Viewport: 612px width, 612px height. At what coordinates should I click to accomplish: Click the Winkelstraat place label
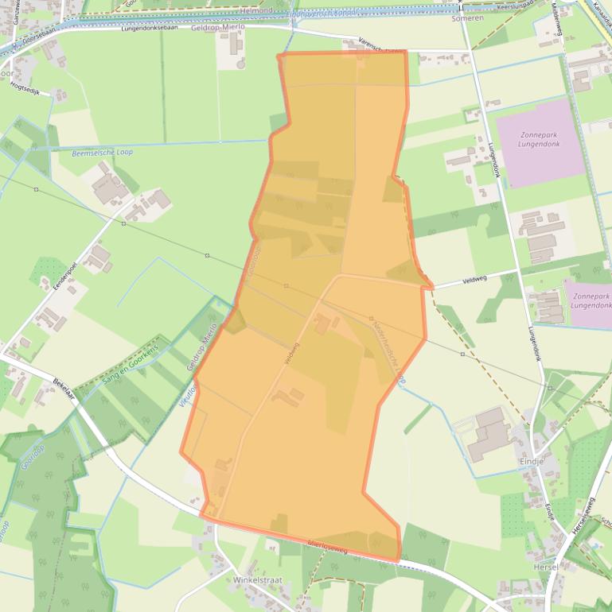click(257, 581)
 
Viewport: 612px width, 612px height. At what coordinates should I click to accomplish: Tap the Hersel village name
click(546, 567)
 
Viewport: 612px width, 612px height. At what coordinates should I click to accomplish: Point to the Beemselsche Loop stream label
click(102, 152)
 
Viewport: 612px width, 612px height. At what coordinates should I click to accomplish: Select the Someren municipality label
click(467, 17)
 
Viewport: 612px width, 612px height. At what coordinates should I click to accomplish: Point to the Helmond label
click(255, 10)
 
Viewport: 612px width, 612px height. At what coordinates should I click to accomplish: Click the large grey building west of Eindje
click(489, 434)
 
